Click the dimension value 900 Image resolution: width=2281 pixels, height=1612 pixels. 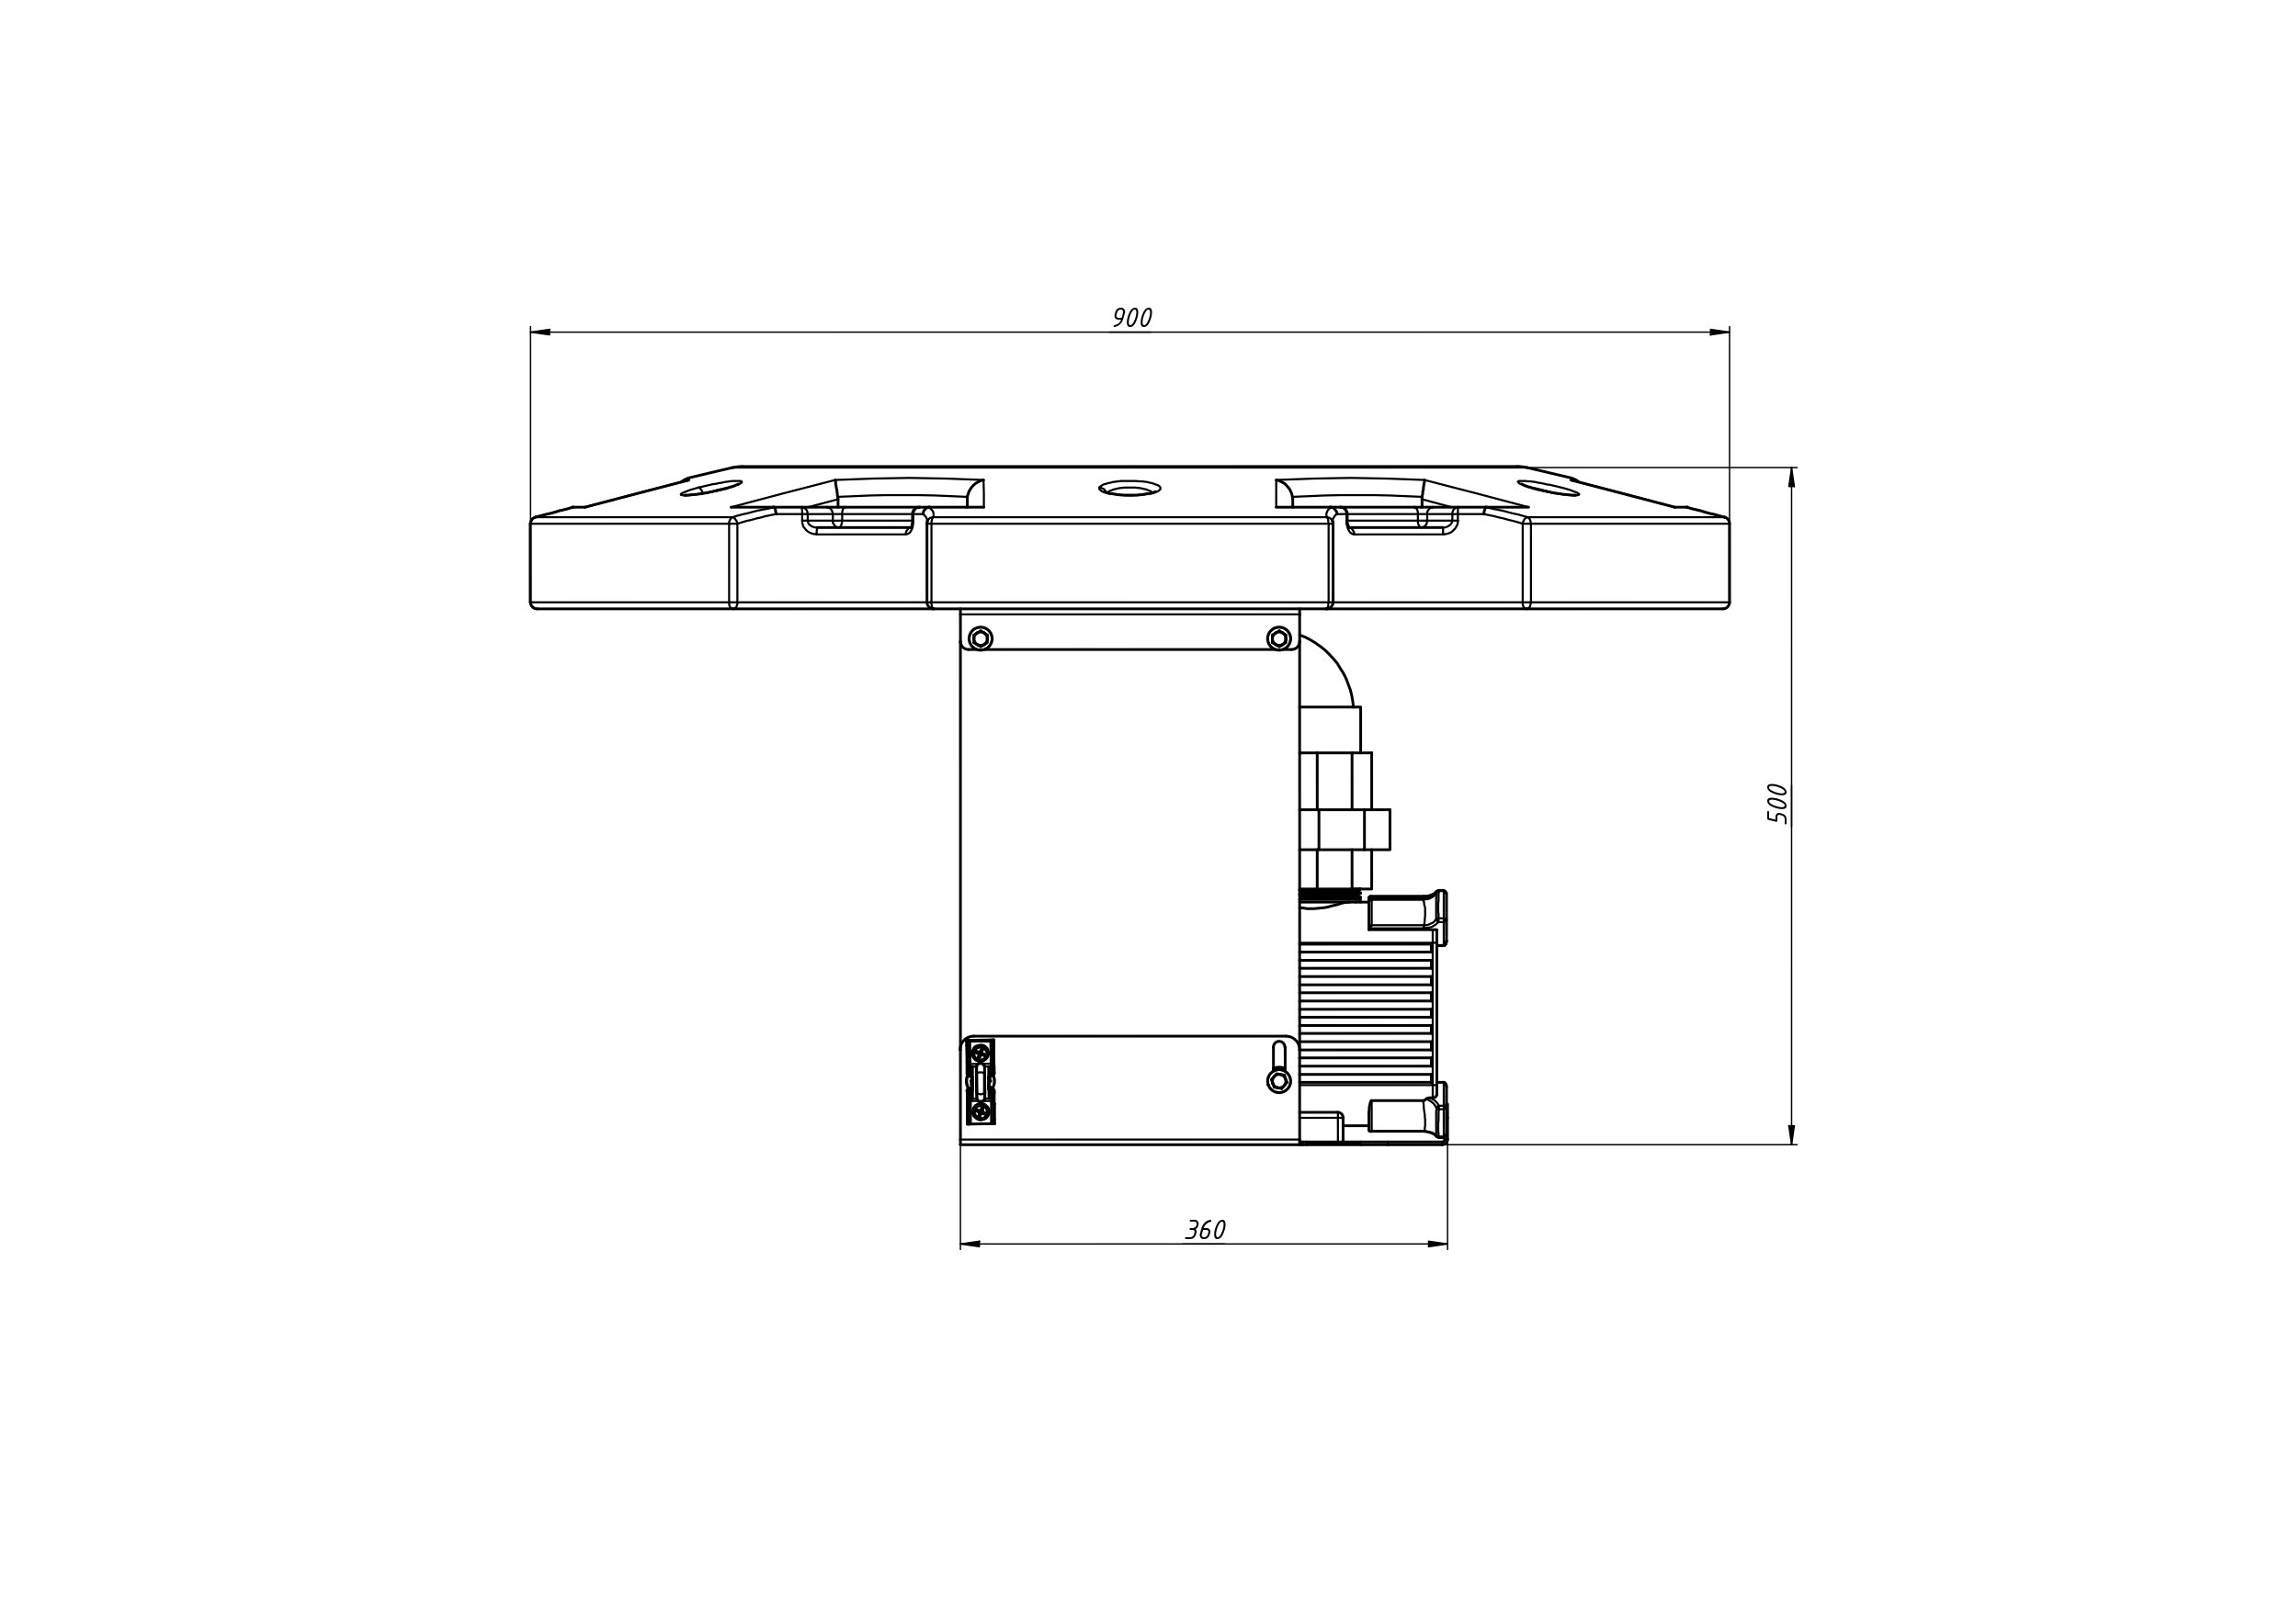tap(1131, 318)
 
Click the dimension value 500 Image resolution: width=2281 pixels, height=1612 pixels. tap(1777, 804)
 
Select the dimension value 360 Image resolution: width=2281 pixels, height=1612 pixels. tap(1205, 1231)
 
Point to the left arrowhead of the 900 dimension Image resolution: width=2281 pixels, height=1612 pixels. tap(540, 332)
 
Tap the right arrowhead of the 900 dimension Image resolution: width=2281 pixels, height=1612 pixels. tap(1719, 332)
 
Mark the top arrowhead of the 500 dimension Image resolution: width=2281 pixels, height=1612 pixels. tap(1791, 477)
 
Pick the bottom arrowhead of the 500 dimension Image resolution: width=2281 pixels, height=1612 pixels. tap(1791, 1134)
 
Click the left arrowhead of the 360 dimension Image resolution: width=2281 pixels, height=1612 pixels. tap(970, 1244)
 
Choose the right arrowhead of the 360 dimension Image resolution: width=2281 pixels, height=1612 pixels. tap(1436, 1244)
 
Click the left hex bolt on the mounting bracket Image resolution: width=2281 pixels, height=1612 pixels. tap(981, 638)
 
